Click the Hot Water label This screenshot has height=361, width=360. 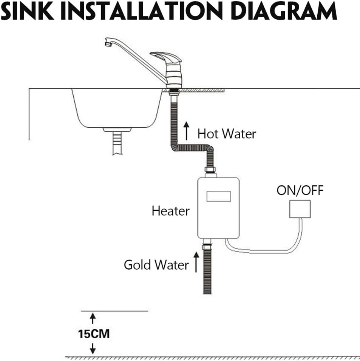pyautogui.click(x=227, y=134)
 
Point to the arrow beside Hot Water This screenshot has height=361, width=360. pyautogui.click(x=187, y=131)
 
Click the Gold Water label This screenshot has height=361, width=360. pyautogui.click(x=156, y=265)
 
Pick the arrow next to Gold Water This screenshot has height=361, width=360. pyautogui.click(x=196, y=262)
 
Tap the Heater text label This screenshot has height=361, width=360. pyautogui.click(x=170, y=211)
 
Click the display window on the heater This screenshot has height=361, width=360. pyautogui.click(x=219, y=196)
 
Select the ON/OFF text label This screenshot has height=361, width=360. pyautogui.click(x=300, y=191)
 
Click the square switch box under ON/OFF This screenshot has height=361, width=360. pyautogui.click(x=300, y=209)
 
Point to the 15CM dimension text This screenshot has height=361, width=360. pyautogui.click(x=94, y=334)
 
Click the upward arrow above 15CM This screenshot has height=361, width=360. pyautogui.click(x=93, y=318)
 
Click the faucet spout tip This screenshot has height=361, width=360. pyautogui.click(x=108, y=43)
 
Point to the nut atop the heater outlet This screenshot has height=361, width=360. pyautogui.click(x=210, y=170)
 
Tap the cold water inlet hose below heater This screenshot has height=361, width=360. pyautogui.click(x=207, y=272)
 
